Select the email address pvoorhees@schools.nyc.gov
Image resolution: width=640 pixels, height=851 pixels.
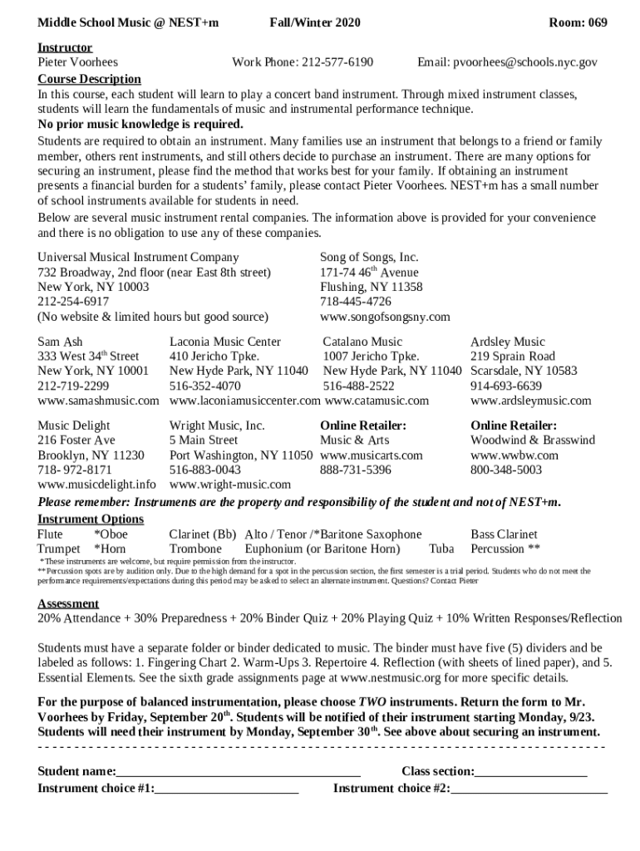click(519, 62)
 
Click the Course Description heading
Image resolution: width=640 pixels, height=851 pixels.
click(90, 79)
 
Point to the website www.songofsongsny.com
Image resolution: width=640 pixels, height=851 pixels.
click(385, 317)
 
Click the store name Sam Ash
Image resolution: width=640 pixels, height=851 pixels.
click(60, 342)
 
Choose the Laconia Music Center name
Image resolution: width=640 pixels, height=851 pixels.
click(225, 342)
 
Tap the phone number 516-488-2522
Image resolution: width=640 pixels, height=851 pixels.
click(359, 386)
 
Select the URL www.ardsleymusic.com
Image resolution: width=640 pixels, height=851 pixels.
click(531, 401)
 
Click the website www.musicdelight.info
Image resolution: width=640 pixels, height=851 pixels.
click(96, 484)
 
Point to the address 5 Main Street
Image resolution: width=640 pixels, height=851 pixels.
click(204, 440)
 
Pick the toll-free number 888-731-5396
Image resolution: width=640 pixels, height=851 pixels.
click(356, 470)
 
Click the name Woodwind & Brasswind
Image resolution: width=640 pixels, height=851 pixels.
click(533, 440)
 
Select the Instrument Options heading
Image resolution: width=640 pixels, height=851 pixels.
click(91, 519)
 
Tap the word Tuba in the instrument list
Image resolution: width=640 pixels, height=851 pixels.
click(441, 549)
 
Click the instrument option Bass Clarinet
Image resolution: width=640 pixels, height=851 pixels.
click(504, 534)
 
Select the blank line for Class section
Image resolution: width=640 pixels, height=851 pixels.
click(531, 772)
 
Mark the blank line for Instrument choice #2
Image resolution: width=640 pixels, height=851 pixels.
click(529, 789)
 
